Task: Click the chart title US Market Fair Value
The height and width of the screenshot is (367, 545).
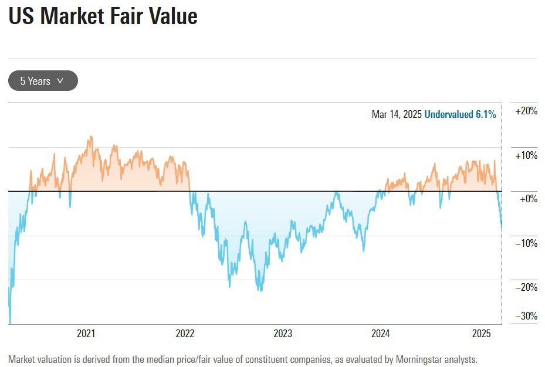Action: pos(103,16)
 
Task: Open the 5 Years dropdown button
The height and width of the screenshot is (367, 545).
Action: pos(43,81)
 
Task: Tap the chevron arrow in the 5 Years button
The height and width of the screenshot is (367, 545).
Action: pos(60,81)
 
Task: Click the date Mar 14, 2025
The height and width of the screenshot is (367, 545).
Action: pos(397,114)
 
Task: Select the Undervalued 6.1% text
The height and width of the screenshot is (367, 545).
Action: pos(460,114)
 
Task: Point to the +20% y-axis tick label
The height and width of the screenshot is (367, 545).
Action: pos(526,111)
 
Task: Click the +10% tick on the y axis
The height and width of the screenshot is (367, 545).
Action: pos(526,155)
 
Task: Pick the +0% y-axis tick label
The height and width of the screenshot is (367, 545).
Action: pos(528,199)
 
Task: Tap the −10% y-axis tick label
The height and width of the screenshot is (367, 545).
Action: pos(526,243)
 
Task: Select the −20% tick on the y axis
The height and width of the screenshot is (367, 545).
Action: pos(526,287)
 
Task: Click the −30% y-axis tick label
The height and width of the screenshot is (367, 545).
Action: pos(526,317)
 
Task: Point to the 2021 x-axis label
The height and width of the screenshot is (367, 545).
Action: pos(86,334)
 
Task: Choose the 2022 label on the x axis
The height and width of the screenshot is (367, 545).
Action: pos(185,334)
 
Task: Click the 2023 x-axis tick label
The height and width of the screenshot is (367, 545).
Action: pos(283,334)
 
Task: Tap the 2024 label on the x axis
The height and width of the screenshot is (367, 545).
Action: pos(381,334)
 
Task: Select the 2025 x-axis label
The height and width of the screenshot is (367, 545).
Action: pos(482,334)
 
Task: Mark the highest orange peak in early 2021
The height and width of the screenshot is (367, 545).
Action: pos(90,137)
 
